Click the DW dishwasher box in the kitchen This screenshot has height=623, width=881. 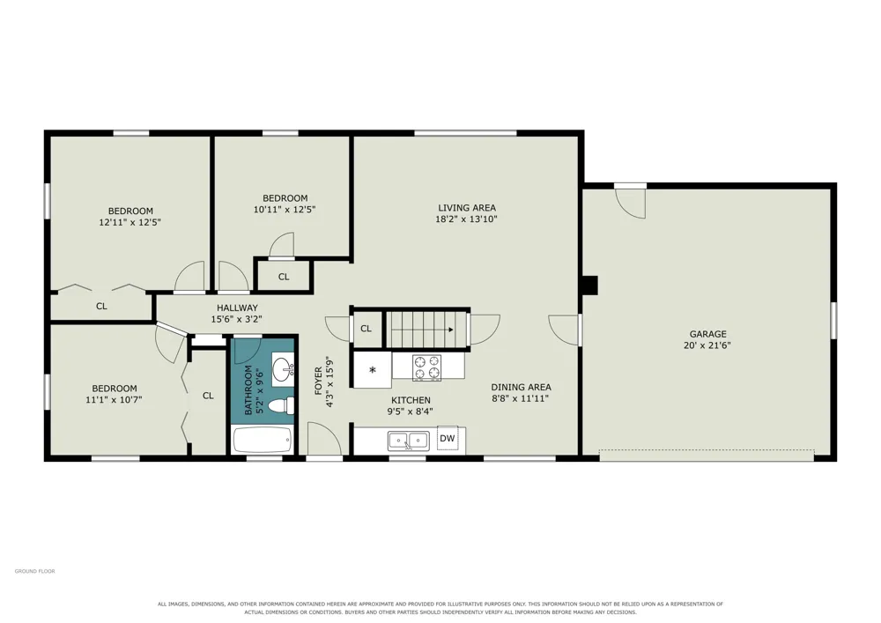[x=448, y=439]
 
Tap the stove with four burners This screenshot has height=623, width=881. [x=427, y=368]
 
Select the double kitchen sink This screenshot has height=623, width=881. [x=408, y=441]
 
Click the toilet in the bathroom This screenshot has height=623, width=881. [x=281, y=405]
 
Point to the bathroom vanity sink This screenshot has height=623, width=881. [x=283, y=369]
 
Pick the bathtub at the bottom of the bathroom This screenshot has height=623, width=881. [x=263, y=440]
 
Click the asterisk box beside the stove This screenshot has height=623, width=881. [x=372, y=369]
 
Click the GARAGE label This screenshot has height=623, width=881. [x=708, y=334]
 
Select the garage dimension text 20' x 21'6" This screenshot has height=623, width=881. [x=707, y=345]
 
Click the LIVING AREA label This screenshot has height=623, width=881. [x=467, y=208]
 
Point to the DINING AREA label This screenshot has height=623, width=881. [x=521, y=387]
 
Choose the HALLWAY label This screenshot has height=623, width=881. [x=237, y=308]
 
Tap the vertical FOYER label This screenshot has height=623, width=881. [x=319, y=381]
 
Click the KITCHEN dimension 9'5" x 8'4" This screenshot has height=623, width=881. [x=411, y=412]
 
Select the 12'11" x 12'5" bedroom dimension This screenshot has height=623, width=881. [x=130, y=222]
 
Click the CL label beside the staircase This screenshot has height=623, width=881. [x=366, y=329]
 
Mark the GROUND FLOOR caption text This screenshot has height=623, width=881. [x=35, y=571]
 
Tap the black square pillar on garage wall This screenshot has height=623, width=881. [x=590, y=285]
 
